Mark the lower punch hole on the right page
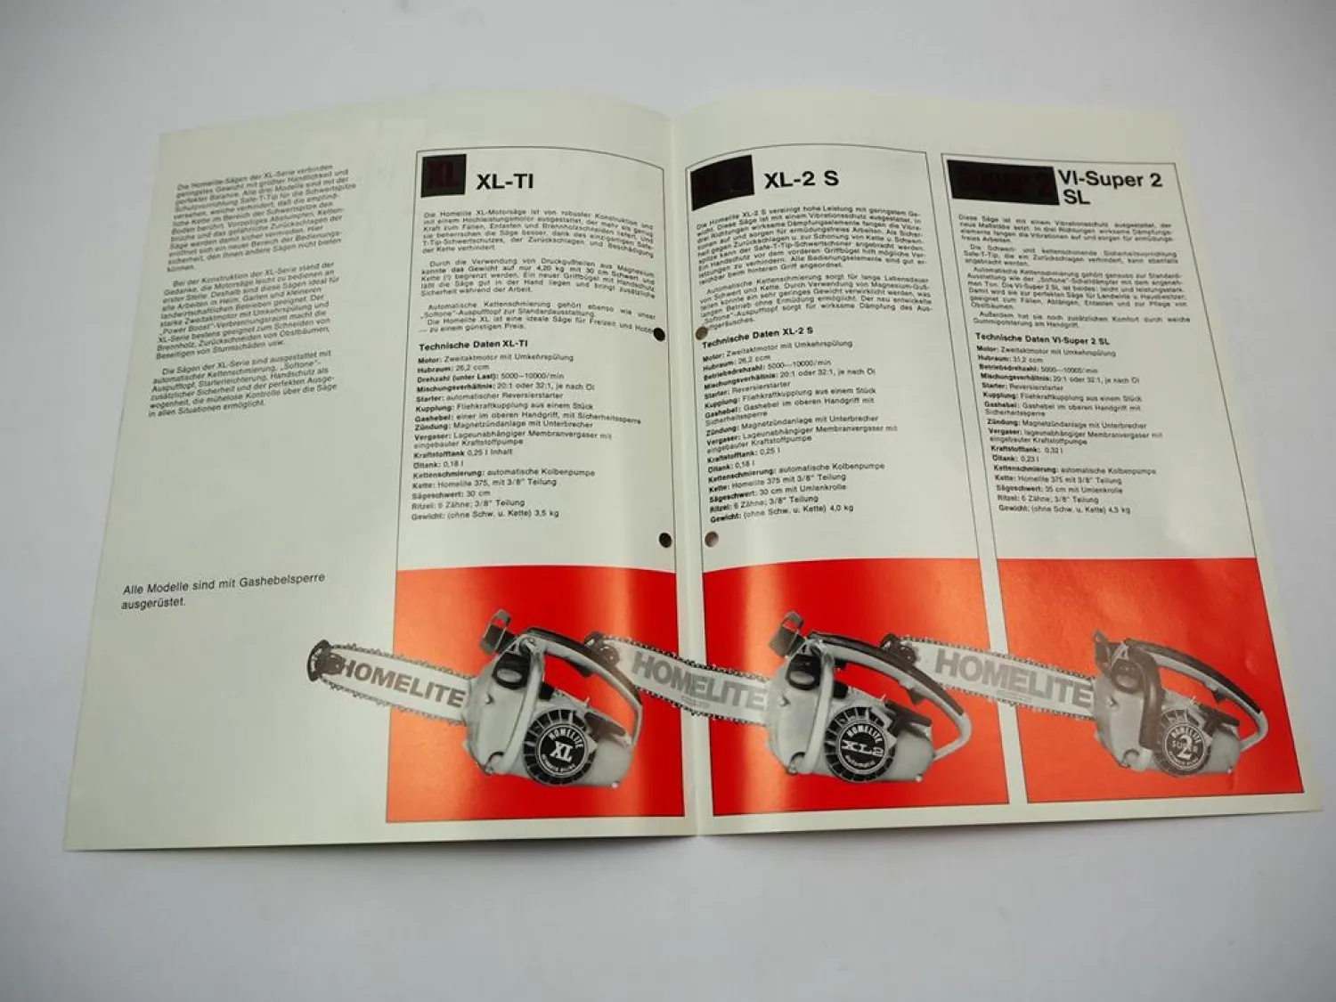710,538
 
